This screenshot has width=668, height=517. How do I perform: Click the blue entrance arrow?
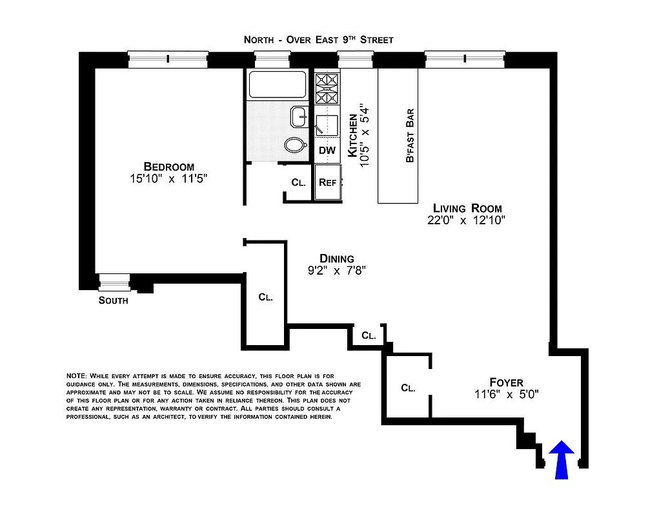pos(562,459)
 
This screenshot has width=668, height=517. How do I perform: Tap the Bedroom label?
pos(168,166)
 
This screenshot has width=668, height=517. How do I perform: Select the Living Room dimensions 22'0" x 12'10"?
pos(465,220)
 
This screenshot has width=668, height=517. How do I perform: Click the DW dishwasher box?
pos(327,151)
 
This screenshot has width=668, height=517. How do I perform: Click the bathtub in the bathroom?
pos(277,85)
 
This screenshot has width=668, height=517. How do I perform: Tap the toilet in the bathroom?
pos(296,145)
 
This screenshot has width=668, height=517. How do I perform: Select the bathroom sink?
pos(299,117)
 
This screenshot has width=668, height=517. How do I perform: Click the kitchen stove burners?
pos(327,89)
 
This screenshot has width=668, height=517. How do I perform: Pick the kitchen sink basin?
pos(326,123)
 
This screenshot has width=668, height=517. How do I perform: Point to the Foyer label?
pos(506,382)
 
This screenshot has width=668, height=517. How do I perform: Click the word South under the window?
pos(113,301)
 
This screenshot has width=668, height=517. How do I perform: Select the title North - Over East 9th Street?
pos(318,39)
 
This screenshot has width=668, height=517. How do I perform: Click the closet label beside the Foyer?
pos(407,388)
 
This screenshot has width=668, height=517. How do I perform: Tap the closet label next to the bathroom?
pos(298,183)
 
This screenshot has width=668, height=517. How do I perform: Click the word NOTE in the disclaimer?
pos(76,376)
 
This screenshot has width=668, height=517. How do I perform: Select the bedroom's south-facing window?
pos(114,282)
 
